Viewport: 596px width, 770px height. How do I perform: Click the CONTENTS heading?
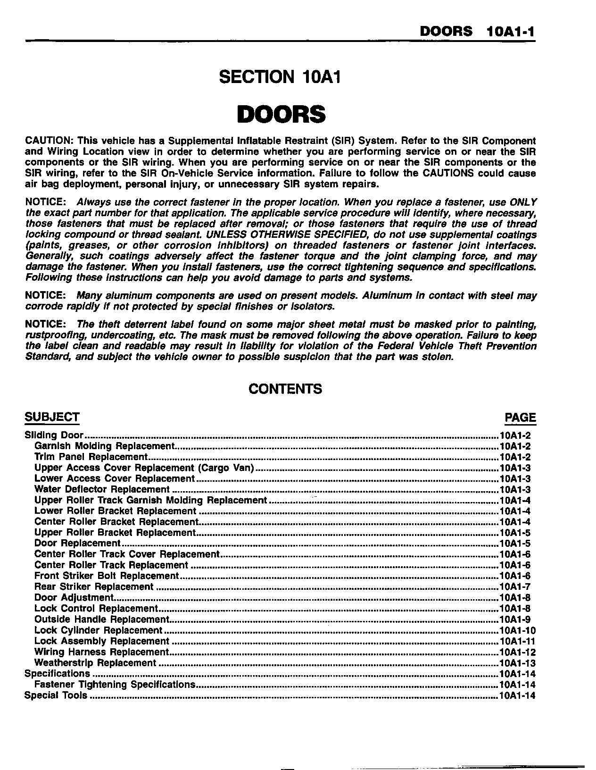(x=285, y=389)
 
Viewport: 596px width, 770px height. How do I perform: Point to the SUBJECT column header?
(x=52, y=417)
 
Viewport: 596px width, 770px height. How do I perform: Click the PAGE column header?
(x=520, y=418)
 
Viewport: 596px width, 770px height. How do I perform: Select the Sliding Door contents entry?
(x=54, y=435)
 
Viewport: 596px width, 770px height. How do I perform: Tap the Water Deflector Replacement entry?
(x=102, y=490)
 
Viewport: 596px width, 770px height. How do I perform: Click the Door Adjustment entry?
(x=74, y=598)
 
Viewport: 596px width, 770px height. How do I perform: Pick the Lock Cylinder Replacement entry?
(x=98, y=630)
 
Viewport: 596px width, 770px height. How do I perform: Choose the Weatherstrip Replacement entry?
(x=95, y=663)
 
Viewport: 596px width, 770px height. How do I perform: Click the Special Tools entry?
(x=56, y=695)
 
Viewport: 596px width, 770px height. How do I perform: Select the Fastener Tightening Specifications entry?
(x=115, y=685)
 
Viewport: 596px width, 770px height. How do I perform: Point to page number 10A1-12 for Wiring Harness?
(x=517, y=652)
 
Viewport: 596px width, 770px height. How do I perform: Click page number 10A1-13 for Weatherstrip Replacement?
(x=517, y=663)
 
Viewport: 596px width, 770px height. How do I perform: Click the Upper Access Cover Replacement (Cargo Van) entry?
(x=144, y=468)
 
